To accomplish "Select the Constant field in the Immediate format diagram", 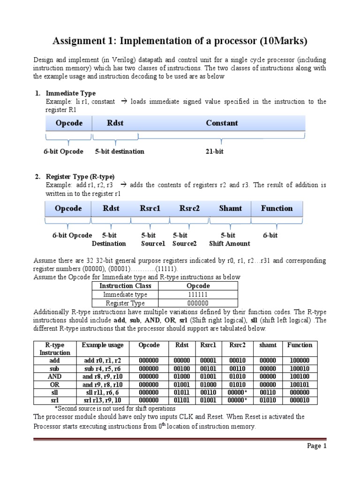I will tap(222, 123).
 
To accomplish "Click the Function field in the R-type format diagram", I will tap(277, 209).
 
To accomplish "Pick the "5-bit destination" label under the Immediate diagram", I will tap(120, 151).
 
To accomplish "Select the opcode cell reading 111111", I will tap(198, 294).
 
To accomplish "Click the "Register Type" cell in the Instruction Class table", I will tap(124, 303).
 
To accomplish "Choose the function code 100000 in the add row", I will tap(300, 360).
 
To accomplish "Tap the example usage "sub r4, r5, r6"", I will tap(103, 368).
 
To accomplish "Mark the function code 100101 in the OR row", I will tap(300, 384).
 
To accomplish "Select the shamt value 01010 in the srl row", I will tap(268, 400).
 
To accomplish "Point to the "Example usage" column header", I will tap(103, 345).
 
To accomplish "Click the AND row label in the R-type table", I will tap(54, 376).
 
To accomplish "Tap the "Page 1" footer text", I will tap(316, 446).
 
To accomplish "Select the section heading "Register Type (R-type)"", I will tap(80, 177).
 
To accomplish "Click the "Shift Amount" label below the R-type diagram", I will tap(229, 244).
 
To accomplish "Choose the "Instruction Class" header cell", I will tap(124, 286).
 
